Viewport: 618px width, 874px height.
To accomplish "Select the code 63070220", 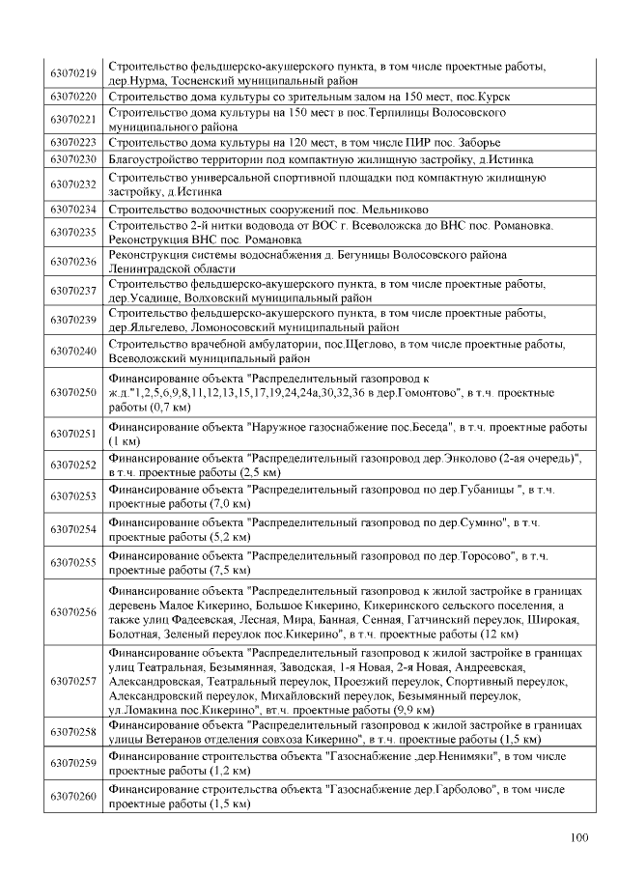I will coord(73,98).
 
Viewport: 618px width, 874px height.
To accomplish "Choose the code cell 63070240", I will coord(73,352).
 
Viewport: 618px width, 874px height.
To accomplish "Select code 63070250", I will coord(73,393).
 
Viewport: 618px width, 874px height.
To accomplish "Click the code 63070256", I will coord(73,612).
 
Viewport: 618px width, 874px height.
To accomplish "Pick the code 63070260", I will coord(73,797).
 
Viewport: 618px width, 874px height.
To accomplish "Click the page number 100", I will coord(578,837).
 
